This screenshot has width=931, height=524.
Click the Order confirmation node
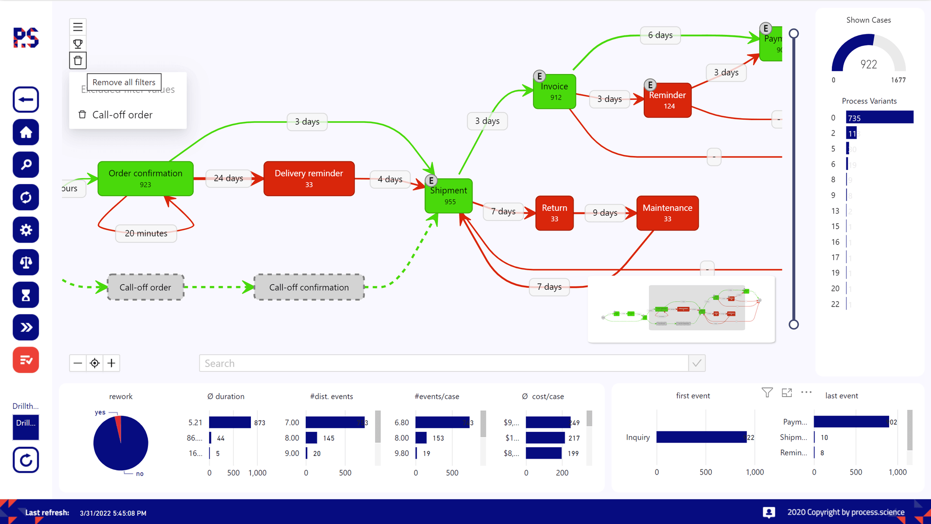click(145, 178)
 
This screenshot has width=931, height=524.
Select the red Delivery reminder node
click(309, 178)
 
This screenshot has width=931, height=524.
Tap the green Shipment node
click(449, 196)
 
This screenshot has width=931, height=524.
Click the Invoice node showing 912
click(554, 92)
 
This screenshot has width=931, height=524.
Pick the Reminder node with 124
click(667, 100)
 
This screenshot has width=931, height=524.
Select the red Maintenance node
click(667, 213)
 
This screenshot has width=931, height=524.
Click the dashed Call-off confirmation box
click(309, 287)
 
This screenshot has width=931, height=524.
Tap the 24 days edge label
click(228, 178)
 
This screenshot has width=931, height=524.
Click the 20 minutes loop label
click(146, 233)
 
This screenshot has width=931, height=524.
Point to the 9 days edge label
click(605, 213)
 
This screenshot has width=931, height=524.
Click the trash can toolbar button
click(78, 61)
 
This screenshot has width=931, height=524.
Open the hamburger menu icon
click(78, 27)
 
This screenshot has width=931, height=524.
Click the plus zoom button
click(111, 363)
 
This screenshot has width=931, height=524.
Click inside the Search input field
click(442, 363)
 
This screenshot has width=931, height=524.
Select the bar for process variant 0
click(879, 117)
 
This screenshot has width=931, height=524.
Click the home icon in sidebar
click(26, 132)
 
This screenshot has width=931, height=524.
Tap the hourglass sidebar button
click(26, 295)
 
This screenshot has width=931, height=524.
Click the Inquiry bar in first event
click(701, 437)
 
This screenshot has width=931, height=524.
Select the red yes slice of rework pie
click(119, 426)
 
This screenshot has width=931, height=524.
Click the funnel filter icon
click(767, 393)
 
